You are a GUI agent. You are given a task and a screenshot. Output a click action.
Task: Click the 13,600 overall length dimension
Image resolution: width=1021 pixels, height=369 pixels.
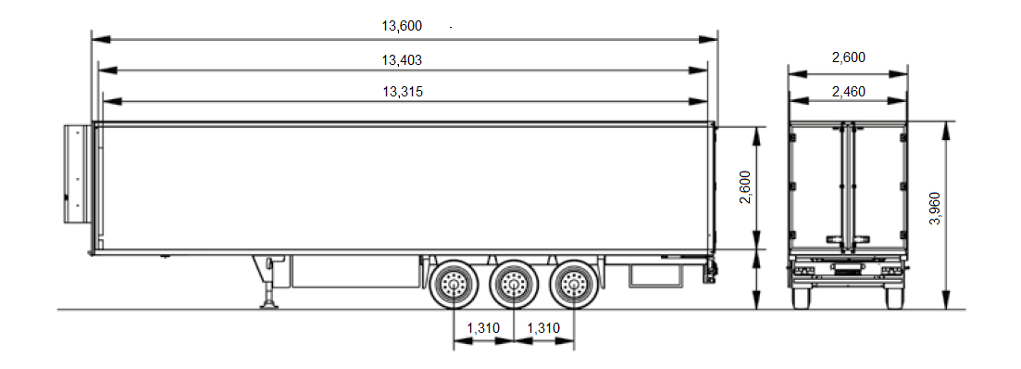pyautogui.click(x=402, y=26)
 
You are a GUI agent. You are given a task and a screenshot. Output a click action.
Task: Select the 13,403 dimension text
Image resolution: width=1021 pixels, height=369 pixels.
pyautogui.click(x=402, y=60)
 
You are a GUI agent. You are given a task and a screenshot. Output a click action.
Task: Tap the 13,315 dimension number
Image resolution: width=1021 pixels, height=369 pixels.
pyautogui.click(x=403, y=91)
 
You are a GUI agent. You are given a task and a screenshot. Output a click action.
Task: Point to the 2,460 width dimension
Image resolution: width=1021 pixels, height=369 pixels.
pyautogui.click(x=849, y=91)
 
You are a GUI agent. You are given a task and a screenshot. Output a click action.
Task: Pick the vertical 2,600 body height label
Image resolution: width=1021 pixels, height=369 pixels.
pyautogui.click(x=745, y=187)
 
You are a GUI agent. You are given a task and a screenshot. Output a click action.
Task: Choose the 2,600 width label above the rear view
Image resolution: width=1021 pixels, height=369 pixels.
pyautogui.click(x=849, y=57)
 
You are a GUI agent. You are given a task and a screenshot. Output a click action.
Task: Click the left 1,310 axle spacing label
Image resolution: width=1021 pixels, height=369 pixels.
pyautogui.click(x=483, y=328)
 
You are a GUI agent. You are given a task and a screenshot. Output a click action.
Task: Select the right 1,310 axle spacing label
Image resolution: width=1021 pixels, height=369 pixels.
pyautogui.click(x=543, y=328)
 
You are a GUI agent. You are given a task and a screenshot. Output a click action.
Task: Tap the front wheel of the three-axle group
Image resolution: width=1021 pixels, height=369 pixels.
pyautogui.click(x=454, y=285)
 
